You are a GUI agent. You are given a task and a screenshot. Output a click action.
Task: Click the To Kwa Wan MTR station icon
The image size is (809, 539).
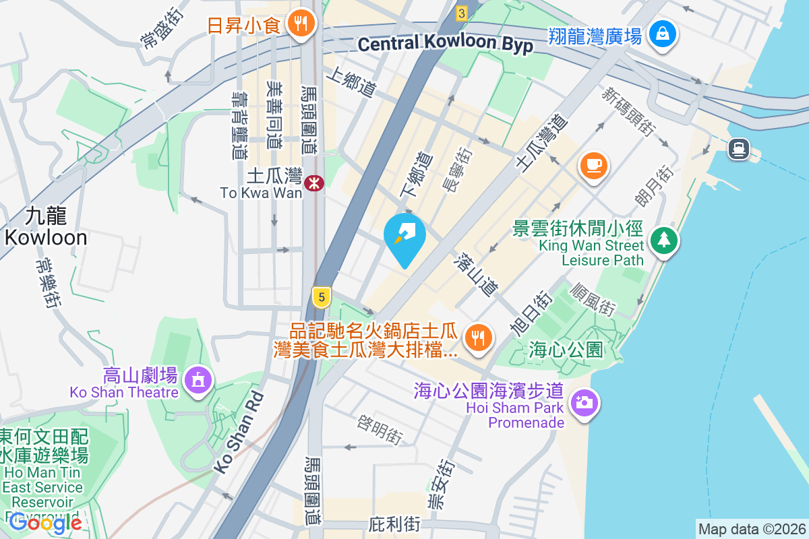(313, 183)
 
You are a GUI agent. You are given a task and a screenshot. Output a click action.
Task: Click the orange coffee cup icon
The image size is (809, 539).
(593, 166)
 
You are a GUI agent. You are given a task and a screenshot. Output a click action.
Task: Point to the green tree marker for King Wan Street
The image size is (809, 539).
(664, 240)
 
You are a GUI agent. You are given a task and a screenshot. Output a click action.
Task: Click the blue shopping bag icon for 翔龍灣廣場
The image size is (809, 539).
(663, 33)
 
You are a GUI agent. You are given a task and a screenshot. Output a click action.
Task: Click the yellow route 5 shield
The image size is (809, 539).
(322, 296)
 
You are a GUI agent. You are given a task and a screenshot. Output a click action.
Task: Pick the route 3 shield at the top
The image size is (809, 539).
(461, 13)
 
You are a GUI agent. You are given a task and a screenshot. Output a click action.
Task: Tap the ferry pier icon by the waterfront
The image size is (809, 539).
(739, 148)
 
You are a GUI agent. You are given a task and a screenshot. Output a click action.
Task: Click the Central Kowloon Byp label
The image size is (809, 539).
(446, 44)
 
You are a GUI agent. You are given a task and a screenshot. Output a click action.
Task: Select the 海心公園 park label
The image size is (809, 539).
(565, 350)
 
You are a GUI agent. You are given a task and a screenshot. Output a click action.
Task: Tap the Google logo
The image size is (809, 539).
(45, 522)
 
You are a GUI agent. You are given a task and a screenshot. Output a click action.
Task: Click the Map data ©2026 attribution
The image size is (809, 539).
(752, 529)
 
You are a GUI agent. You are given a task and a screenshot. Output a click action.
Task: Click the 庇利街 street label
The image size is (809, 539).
(395, 524)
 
